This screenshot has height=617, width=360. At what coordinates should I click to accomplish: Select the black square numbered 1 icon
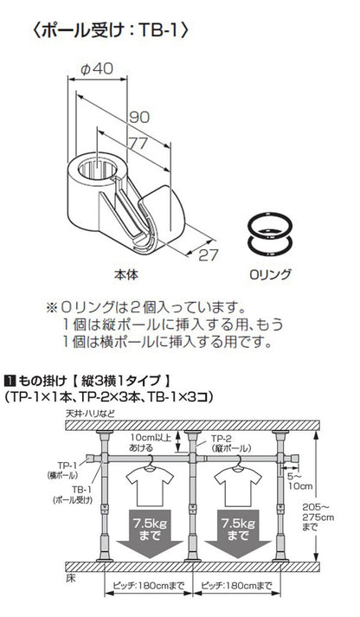(10, 379)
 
